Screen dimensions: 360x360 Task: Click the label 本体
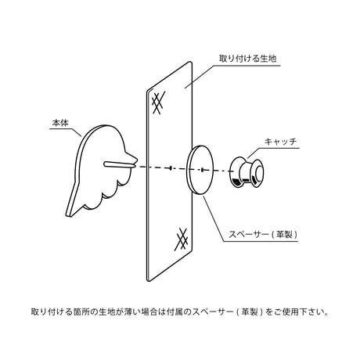[60, 123]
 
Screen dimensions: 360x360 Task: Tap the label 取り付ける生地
[247, 59]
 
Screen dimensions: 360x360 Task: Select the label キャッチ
[280, 142]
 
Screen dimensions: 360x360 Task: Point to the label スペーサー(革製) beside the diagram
[263, 234]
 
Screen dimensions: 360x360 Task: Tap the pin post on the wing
[120, 164]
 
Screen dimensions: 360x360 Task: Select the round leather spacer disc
[200, 170]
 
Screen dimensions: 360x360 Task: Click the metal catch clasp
[247, 172]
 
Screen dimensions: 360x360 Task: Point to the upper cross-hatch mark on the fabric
[158, 103]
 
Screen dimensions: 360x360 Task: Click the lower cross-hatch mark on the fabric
[182, 239]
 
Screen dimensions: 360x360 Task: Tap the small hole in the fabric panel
[171, 167]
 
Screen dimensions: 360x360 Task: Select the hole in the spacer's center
[202, 170]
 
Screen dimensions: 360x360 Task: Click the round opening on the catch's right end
[258, 174]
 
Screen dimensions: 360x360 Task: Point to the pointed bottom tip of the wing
[68, 215]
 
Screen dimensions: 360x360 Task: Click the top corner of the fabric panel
[190, 62]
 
